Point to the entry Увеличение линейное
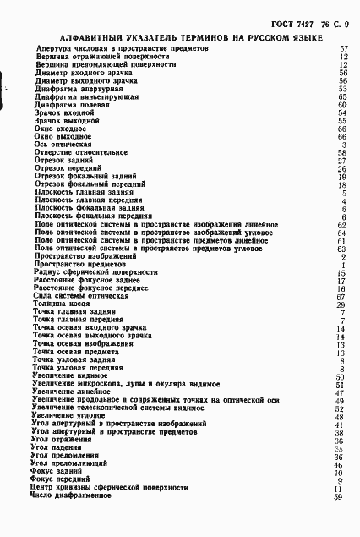pyautogui.click(x=68, y=392)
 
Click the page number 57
pyautogui.click(x=343, y=49)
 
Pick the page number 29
pyautogui.click(x=342, y=304)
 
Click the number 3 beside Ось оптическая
pyautogui.click(x=345, y=145)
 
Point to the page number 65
pyautogui.click(x=342, y=96)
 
